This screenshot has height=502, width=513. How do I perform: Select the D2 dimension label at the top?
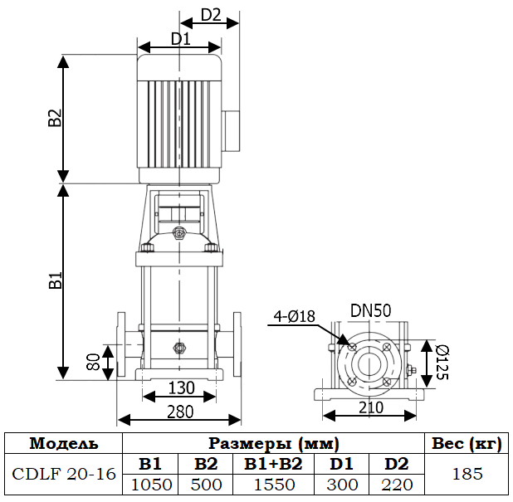coord(211,15)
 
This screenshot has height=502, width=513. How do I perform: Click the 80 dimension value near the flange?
coord(94,362)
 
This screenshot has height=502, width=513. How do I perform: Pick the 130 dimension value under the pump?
coord(180,388)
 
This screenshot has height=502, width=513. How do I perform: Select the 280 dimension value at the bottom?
coord(179,411)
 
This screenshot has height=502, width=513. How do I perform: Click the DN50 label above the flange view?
coord(371,310)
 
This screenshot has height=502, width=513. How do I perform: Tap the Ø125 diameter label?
coord(441,362)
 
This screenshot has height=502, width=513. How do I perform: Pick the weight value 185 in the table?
coord(466,475)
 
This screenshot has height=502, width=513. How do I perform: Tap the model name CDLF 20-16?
coord(64,475)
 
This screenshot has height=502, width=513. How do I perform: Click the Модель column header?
coord(64,443)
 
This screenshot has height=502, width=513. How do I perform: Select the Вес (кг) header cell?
coord(466,443)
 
